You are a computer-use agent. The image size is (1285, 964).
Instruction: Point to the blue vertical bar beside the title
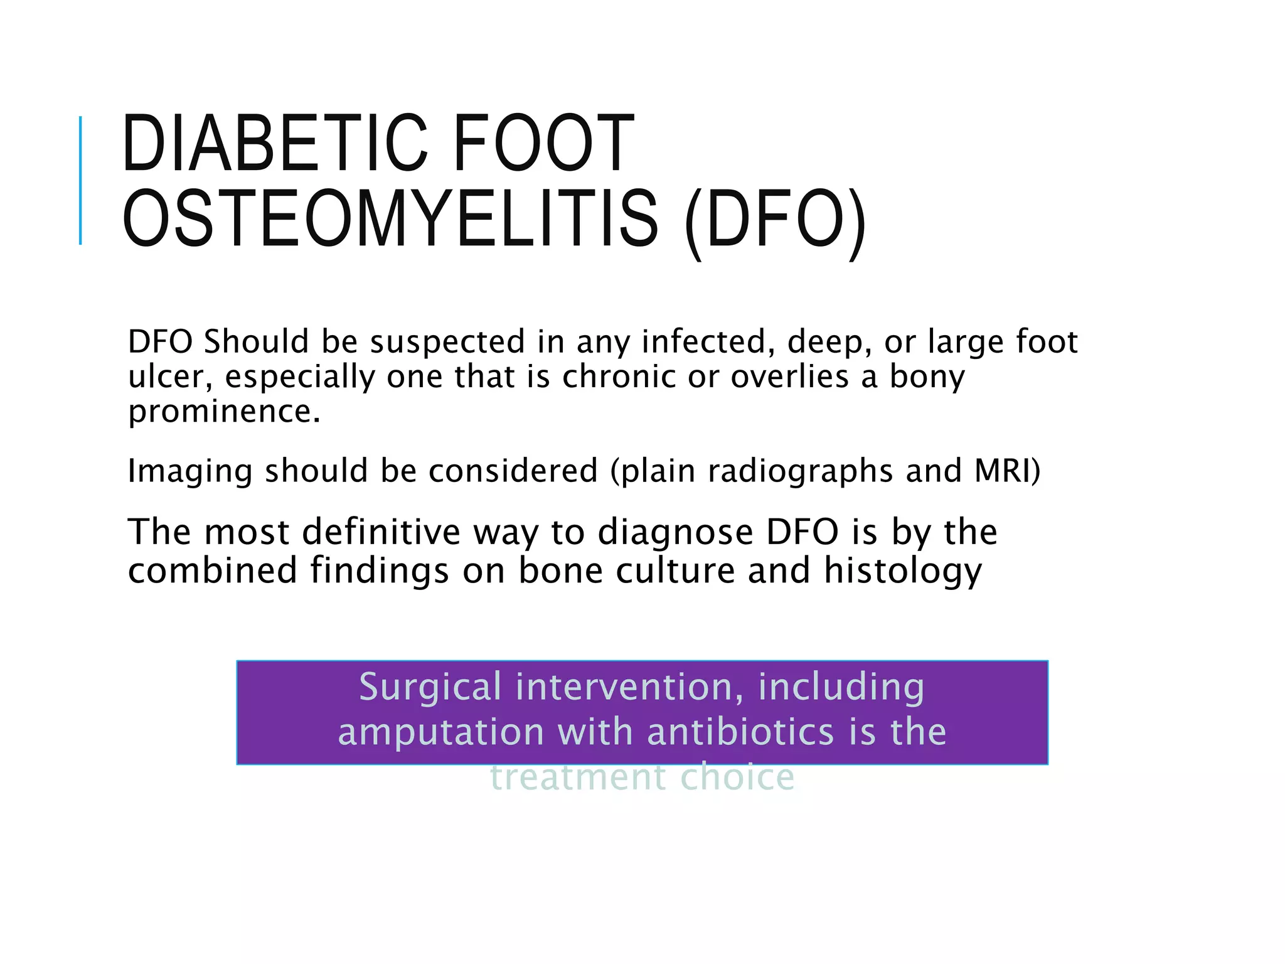[x=80, y=180]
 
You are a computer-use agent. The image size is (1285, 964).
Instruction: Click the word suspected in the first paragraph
[x=447, y=342]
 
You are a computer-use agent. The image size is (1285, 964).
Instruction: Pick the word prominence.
[x=223, y=412]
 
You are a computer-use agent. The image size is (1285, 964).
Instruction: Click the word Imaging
[x=189, y=471]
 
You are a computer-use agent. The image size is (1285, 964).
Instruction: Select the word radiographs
[x=800, y=471]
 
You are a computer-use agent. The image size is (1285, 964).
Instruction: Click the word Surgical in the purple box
[x=430, y=687]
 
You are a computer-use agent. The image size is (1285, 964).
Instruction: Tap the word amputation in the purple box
[x=441, y=732]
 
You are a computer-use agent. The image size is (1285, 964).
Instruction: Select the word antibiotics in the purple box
[x=740, y=732]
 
